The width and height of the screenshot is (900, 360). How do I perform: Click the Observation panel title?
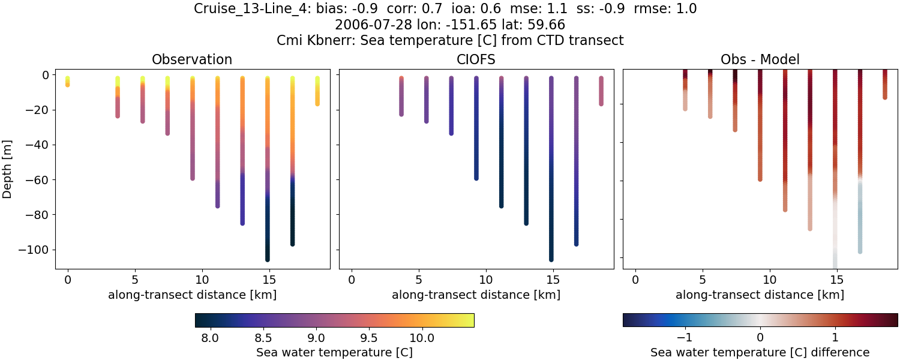coord(192,59)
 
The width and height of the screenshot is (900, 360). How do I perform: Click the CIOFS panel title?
coord(476,59)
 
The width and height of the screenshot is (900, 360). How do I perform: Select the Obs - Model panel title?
coord(760,59)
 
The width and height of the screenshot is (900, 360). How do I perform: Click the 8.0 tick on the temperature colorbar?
coord(209,338)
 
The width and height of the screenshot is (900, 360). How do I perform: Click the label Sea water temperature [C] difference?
coord(760,352)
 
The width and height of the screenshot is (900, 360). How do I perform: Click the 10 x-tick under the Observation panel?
coord(202,279)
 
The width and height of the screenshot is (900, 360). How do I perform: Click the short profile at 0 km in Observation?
coord(68,82)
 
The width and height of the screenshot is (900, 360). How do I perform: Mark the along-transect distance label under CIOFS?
coord(476,295)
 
